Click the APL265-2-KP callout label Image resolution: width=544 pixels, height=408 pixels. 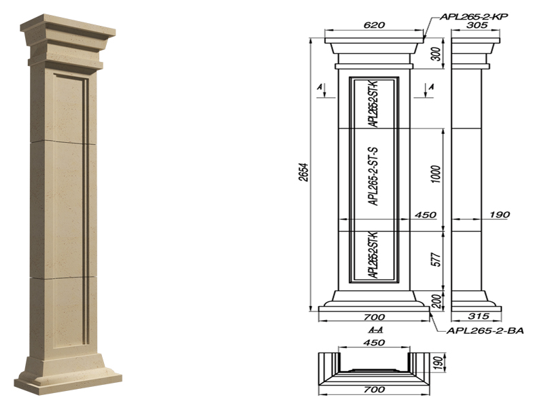coord(474,16)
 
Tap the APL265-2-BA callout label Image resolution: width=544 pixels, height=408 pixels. coord(485,330)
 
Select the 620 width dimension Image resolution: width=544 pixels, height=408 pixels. coord(374,25)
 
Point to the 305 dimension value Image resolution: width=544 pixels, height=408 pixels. coord(477,25)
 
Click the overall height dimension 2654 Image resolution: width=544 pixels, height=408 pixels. coord(303,173)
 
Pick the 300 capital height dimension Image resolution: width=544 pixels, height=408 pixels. coord(437,54)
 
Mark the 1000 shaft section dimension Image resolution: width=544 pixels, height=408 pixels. coord(437,174)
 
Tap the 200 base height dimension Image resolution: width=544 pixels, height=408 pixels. coord(437,301)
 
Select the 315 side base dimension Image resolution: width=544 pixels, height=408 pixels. coord(479,316)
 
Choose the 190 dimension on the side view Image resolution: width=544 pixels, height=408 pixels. coord(500,215)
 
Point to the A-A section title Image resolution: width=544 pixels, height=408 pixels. coord(376,330)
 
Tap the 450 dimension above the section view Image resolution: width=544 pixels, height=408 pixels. coord(375,343)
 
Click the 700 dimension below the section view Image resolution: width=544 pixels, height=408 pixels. coord(374,390)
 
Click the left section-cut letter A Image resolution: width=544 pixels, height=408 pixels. coord(320,87)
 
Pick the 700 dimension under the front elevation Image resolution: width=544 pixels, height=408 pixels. coord(374,317)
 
